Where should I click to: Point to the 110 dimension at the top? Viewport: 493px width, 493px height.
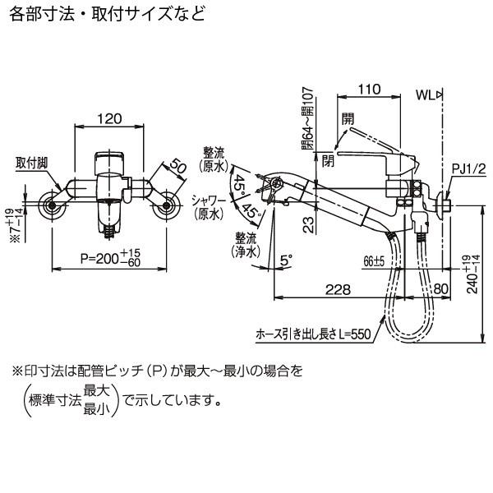tap(371, 89)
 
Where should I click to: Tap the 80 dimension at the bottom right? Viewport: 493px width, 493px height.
tap(441, 288)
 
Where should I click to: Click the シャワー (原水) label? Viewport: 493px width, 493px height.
tap(209, 206)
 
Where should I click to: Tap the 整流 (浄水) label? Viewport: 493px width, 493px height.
tap(244, 243)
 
